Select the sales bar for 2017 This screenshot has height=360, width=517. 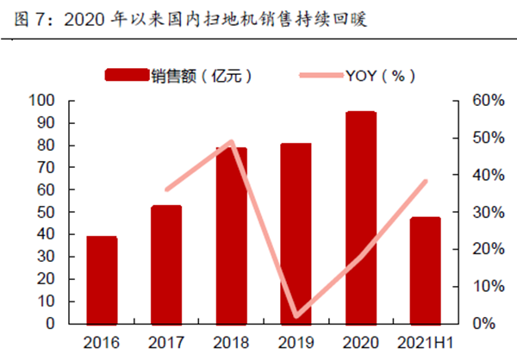(166, 264)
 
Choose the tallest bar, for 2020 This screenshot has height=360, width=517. (360, 217)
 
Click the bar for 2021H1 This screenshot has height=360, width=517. (425, 270)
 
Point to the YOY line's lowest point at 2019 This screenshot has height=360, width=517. (296, 316)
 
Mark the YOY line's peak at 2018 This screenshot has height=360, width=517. (231, 142)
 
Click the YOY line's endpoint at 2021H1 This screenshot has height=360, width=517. (425, 182)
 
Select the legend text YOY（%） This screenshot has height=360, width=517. (379, 76)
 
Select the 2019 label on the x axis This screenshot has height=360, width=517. (296, 342)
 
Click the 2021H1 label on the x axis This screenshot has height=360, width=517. (425, 342)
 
